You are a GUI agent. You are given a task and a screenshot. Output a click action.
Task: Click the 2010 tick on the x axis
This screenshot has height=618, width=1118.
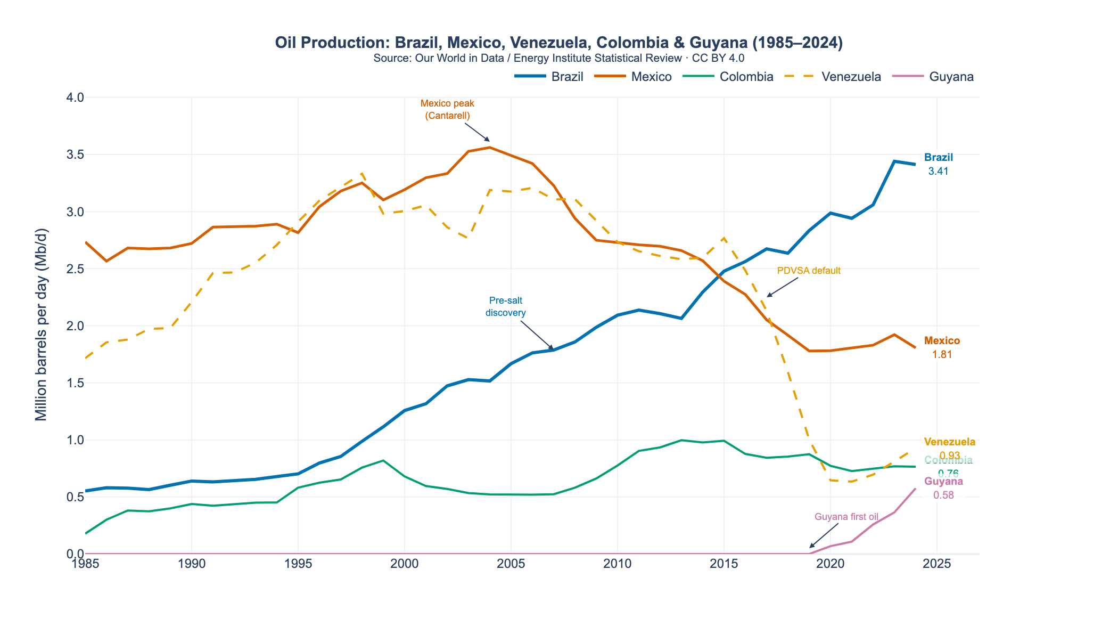click(618, 564)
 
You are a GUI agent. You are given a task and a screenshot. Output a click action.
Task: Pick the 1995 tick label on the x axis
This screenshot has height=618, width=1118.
click(298, 564)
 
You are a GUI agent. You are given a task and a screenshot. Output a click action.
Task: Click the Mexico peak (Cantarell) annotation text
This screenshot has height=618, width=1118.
click(447, 109)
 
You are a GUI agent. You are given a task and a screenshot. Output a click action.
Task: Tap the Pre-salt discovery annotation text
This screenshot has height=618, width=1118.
click(505, 307)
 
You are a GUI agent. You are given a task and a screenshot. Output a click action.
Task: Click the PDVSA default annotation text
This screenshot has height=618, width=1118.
click(809, 271)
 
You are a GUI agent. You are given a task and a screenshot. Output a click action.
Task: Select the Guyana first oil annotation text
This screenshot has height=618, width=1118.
click(846, 517)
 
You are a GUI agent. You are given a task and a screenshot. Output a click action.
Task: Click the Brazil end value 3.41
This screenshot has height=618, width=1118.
click(938, 172)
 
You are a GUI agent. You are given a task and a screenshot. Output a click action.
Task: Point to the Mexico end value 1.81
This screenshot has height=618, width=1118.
click(942, 355)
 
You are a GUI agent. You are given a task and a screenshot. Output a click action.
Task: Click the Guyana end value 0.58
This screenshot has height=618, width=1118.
click(943, 495)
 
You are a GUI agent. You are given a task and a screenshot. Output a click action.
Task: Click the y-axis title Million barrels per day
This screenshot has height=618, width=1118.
click(41, 325)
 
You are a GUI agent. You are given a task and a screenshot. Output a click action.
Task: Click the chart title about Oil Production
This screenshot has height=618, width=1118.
click(558, 43)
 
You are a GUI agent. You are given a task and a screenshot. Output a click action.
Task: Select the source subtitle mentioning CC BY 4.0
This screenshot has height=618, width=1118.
click(558, 58)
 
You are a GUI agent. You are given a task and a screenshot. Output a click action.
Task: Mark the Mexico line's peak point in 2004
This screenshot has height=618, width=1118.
click(490, 148)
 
